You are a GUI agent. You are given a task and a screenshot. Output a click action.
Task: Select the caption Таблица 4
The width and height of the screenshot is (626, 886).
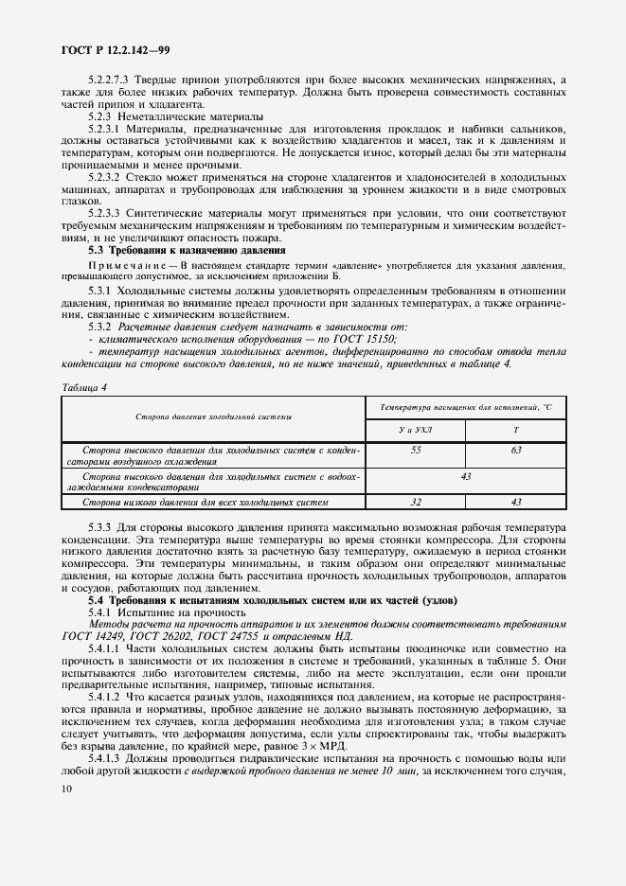84,386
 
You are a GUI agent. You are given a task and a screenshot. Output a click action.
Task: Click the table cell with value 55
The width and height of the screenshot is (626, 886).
416,451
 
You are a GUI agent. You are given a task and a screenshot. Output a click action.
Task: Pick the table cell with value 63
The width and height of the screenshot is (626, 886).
515,451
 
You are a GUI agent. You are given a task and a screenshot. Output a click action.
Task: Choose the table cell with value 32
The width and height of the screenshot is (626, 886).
416,502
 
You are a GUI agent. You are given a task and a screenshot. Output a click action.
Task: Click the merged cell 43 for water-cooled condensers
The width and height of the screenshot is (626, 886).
465,476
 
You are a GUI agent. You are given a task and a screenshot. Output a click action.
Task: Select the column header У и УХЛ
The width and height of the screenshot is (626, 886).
416,430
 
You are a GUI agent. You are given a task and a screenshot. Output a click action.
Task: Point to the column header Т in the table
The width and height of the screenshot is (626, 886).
515,430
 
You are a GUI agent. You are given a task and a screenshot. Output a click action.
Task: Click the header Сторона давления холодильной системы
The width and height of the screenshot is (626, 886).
213,416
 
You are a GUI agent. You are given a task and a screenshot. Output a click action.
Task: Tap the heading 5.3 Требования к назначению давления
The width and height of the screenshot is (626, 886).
187,250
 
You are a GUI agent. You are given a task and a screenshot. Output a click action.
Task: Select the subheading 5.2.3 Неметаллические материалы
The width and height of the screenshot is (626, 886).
163,115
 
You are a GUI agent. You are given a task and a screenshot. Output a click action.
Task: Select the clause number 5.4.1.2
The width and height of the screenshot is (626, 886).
106,696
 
